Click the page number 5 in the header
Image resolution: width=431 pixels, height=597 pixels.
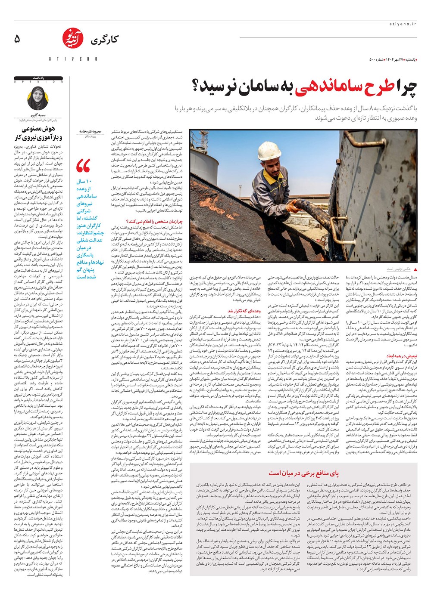tap(17, 39)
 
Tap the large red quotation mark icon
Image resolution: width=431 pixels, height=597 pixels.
tap(83, 167)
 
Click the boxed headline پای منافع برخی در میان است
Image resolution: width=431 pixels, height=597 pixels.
tap(303, 473)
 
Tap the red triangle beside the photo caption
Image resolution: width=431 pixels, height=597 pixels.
tap(415, 269)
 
